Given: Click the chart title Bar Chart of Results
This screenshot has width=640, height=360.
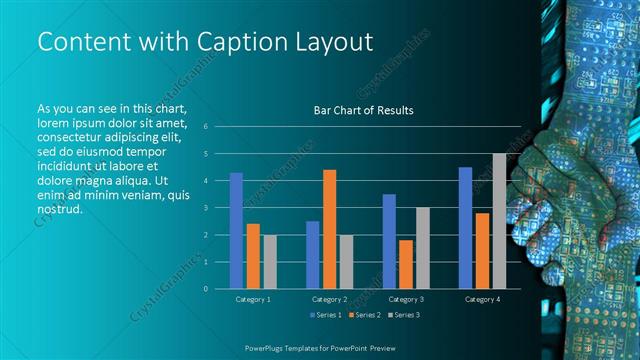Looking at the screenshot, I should pyautogui.click(x=364, y=110).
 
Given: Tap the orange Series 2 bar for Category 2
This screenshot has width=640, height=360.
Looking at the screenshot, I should pyautogui.click(x=329, y=229).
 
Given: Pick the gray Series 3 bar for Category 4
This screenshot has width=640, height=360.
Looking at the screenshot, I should pyautogui.click(x=499, y=221).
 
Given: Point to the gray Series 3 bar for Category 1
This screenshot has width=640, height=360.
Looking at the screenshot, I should pyautogui.click(x=270, y=262).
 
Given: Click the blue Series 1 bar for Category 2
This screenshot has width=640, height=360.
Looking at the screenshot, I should pyautogui.click(x=312, y=255).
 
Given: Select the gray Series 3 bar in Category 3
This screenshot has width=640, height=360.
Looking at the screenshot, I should pyautogui.click(x=422, y=248).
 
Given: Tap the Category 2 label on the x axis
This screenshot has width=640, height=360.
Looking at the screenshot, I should pyautogui.click(x=329, y=299).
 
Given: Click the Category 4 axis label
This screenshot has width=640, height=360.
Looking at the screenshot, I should pyautogui.click(x=482, y=299).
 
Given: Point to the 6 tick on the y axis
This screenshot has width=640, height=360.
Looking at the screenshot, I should pyautogui.click(x=205, y=127).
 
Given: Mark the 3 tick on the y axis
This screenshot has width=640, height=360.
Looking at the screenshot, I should pyautogui.click(x=205, y=208).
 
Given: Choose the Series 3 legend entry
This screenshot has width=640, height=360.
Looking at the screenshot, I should pyautogui.click(x=403, y=315).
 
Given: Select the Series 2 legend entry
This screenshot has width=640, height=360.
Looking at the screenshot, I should pyautogui.click(x=363, y=315).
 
